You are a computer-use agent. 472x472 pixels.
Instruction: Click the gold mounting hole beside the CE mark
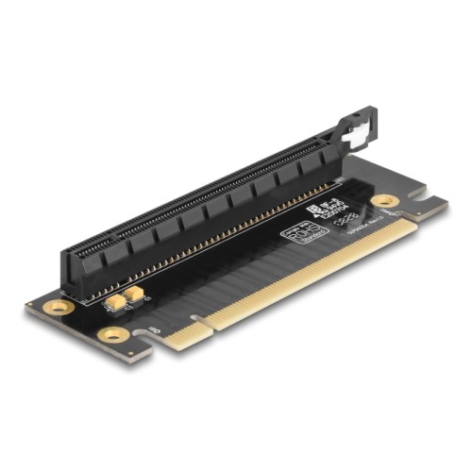[384, 201]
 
